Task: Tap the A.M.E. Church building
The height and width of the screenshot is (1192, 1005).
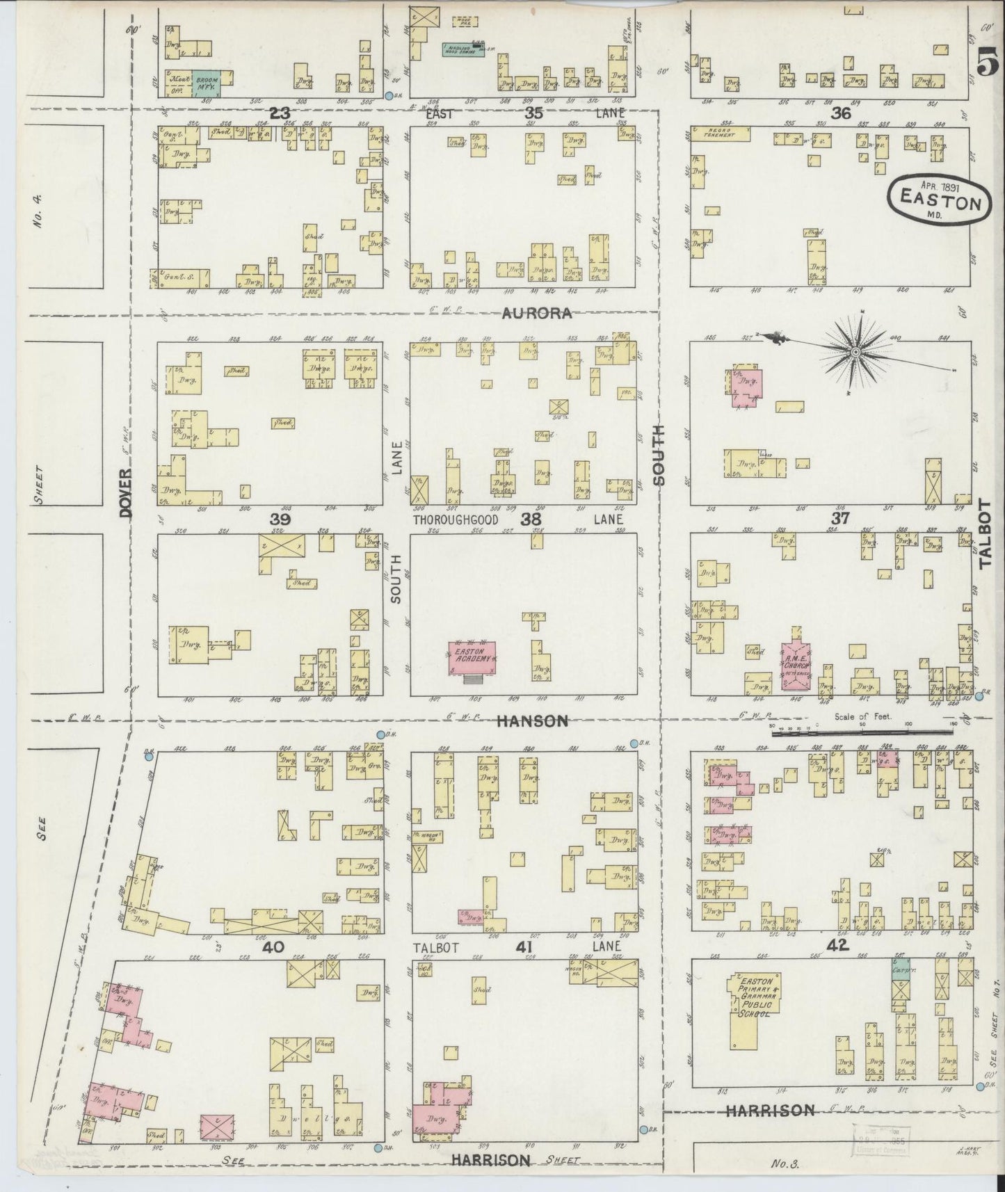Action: (x=794, y=666)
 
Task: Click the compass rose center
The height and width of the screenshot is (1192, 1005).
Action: (x=855, y=353)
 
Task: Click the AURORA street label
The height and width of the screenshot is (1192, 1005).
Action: (x=538, y=314)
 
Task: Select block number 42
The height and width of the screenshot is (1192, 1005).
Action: (x=841, y=945)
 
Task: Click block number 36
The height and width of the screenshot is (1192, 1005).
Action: (x=840, y=113)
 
